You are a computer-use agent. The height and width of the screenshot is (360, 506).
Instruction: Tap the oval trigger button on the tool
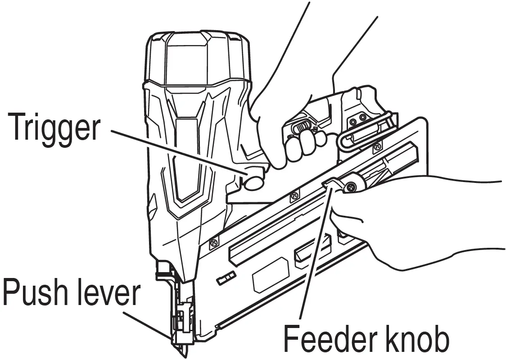click(254, 182)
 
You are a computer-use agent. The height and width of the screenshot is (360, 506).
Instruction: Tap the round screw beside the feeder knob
click(352, 185)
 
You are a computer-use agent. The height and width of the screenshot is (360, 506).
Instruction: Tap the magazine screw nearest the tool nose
click(213, 243)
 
